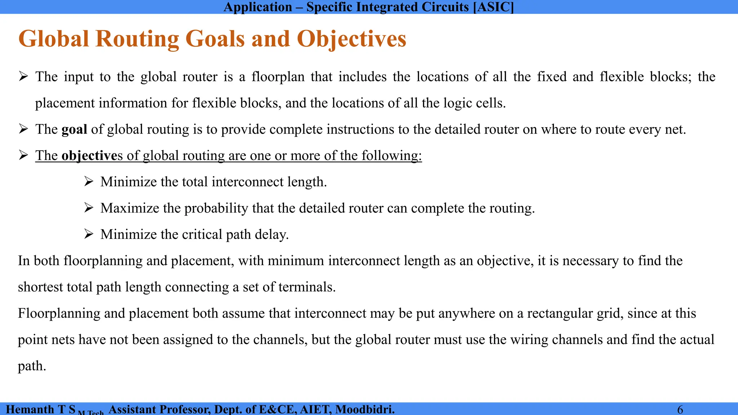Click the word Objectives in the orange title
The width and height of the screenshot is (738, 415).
point(351,39)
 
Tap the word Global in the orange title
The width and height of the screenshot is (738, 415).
point(53,39)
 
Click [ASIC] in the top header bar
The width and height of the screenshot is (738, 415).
point(493,7)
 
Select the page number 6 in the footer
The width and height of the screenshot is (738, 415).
point(680,410)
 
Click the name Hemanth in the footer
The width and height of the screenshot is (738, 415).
point(30,410)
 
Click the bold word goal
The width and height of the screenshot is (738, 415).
point(74,129)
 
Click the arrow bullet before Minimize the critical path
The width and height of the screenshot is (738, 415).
point(89,234)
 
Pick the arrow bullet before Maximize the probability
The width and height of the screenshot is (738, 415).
point(89,208)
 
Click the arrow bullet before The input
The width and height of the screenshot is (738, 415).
point(23,76)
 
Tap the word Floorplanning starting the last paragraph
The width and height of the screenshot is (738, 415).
point(59,313)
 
